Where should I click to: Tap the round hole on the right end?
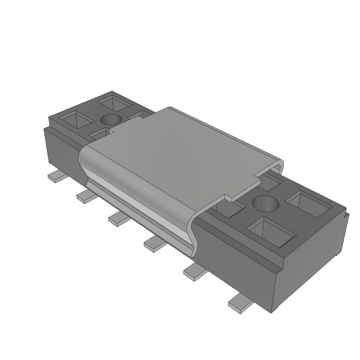pyautogui.click(x=266, y=204)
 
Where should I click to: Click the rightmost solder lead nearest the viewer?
pyautogui.click(x=239, y=303)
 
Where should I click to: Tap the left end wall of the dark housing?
pyautogui.click(x=60, y=148)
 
